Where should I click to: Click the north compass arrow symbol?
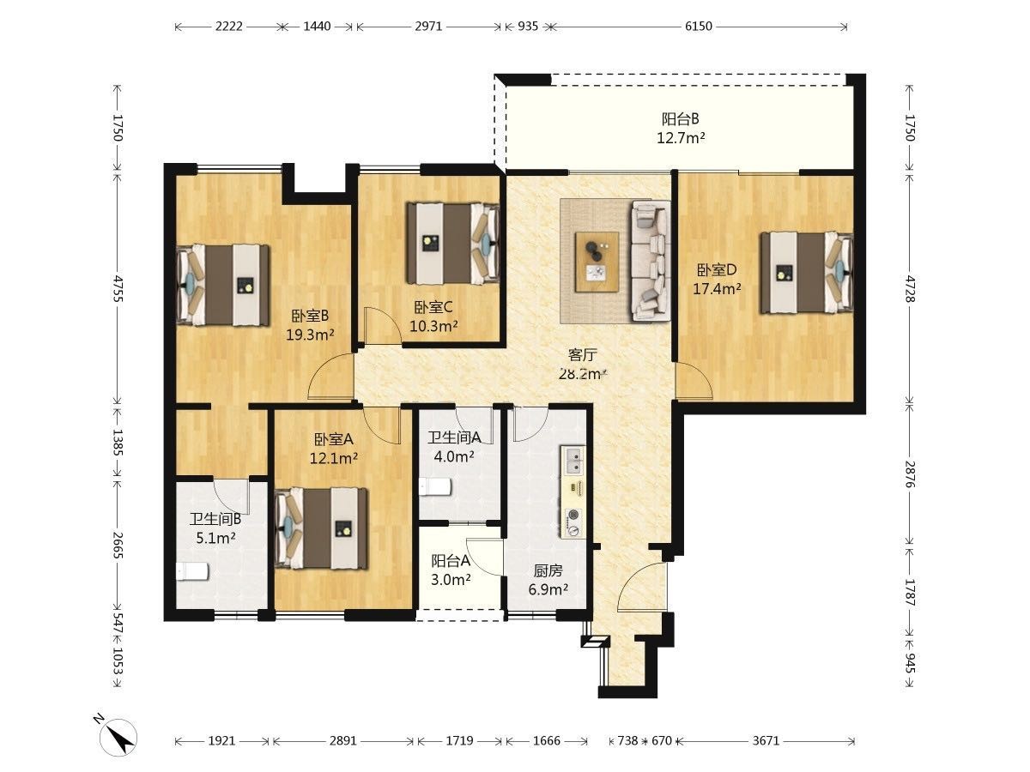[118, 738]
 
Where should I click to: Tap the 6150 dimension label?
[698, 27]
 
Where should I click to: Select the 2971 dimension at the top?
[428, 27]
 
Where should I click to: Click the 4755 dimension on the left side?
[118, 288]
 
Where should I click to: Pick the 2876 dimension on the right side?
[910, 474]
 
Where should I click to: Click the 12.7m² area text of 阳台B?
[681, 138]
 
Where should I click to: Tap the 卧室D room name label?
[717, 270]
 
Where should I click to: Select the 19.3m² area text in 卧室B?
[310, 335]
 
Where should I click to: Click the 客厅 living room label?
[582, 355]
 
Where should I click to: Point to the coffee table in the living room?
[597, 262]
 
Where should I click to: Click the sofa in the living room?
[651, 261]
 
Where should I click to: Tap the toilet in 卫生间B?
[192, 572]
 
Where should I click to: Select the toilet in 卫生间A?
[435, 486]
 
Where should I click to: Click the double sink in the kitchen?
[573, 461]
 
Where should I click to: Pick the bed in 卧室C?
[453, 244]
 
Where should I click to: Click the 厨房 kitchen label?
[548, 570]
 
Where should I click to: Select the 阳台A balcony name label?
[451, 561]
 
